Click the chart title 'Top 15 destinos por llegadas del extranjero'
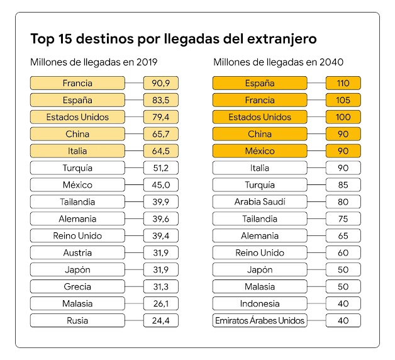[173, 39]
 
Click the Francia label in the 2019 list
[77, 83]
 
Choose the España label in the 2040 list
[260, 83]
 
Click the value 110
[343, 83]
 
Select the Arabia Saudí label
[260, 202]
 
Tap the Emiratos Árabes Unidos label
[260, 320]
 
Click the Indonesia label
[260, 303]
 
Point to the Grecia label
[77, 286]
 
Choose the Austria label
[77, 252]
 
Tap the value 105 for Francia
[343, 100]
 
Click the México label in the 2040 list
[260, 151]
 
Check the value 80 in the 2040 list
[343, 202]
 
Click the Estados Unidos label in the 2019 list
[77, 117]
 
